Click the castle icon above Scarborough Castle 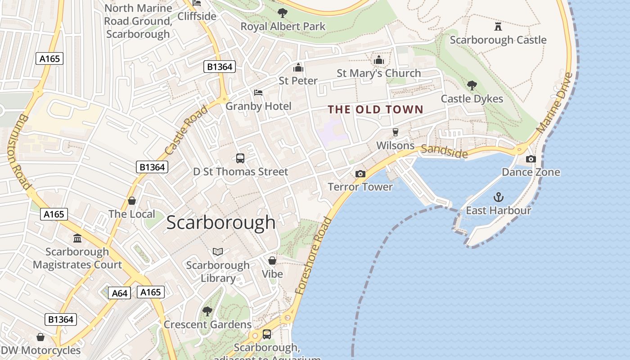point(498,27)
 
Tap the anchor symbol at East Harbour point(498,197)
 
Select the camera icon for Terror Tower point(360,174)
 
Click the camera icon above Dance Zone point(531,159)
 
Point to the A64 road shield point(119,293)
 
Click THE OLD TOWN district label point(375,109)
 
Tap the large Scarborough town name point(220,222)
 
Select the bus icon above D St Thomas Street point(240,158)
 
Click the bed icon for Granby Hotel point(258,93)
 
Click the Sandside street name point(445,151)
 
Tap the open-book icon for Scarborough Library point(218,252)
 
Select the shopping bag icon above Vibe point(272,261)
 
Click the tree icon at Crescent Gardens point(207,311)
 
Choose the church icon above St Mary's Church point(378,60)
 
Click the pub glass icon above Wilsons point(395,132)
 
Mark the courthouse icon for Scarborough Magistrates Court point(77,238)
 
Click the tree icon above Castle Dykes point(472,85)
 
